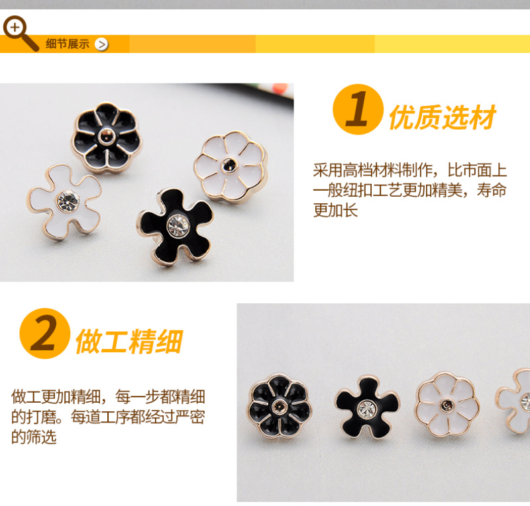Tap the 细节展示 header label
click(x=68, y=44)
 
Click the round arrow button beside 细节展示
click(x=101, y=44)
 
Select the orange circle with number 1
click(x=358, y=109)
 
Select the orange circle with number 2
click(x=45, y=333)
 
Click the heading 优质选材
click(x=442, y=117)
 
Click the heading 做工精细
click(x=129, y=341)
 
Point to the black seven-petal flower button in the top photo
click(x=107, y=137)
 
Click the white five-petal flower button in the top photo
click(x=65, y=202)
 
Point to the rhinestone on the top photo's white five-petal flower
click(x=68, y=201)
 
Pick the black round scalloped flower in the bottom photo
click(x=280, y=405)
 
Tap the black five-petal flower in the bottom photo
click(x=367, y=407)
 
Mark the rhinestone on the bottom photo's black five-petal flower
click(x=367, y=409)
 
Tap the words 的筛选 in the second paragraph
click(x=34, y=436)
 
